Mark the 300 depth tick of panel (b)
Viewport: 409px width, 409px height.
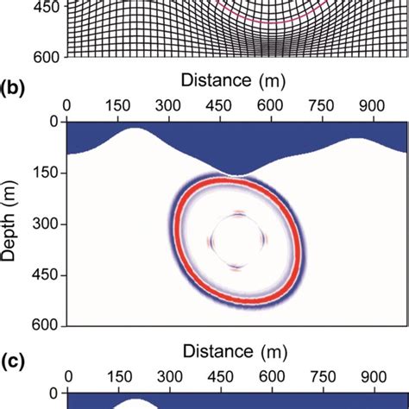pyautogui.click(x=43, y=224)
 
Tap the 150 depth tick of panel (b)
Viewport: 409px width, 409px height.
pyautogui.click(x=43, y=173)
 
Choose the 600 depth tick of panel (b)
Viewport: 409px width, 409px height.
pyautogui.click(x=43, y=326)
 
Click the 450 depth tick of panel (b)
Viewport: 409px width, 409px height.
pyautogui.click(x=43, y=275)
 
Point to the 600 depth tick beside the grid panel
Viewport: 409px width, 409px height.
pyautogui.click(x=43, y=56)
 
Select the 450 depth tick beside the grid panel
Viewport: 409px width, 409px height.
pyautogui.click(x=43, y=5)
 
